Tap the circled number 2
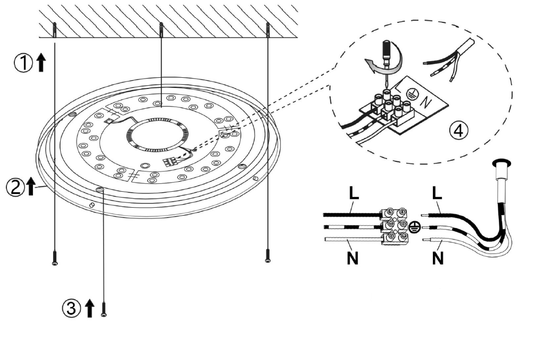pos(15,186)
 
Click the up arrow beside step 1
pos(41,63)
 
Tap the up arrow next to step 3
pos(89,307)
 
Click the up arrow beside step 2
pos(31,186)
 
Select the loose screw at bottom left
pos(55,258)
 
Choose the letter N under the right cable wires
pos(438,259)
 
